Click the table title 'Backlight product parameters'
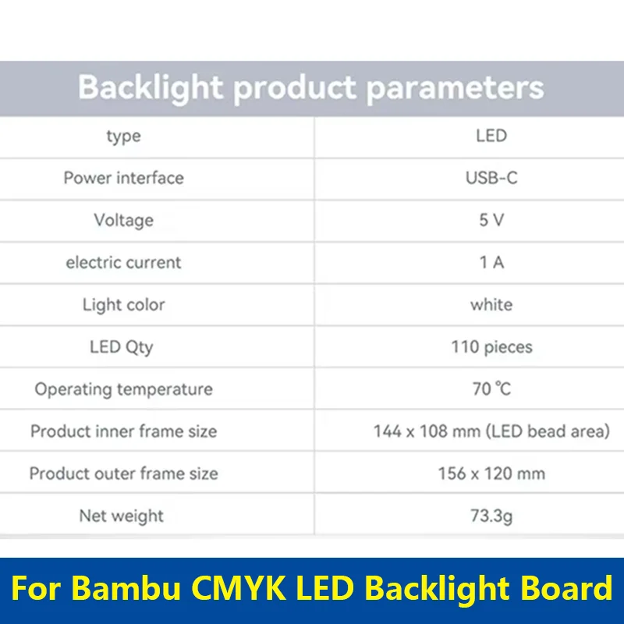tap(310, 88)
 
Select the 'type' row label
tap(123, 136)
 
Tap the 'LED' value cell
tap(491, 136)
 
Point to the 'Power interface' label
tap(123, 178)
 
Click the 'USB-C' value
tap(491, 178)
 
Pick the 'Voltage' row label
tap(123, 220)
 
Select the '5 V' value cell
tap(491, 220)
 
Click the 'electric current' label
tap(123, 262)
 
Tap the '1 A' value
tap(491, 262)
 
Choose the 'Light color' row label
tap(123, 304)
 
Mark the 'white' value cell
tap(491, 304)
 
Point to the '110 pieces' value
tap(491, 347)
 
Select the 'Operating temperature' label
tap(123, 389)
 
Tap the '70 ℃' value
tap(491, 389)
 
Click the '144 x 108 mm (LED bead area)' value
tap(491, 431)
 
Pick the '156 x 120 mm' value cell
tap(491, 473)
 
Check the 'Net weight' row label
tap(121, 516)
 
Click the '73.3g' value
tap(491, 516)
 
